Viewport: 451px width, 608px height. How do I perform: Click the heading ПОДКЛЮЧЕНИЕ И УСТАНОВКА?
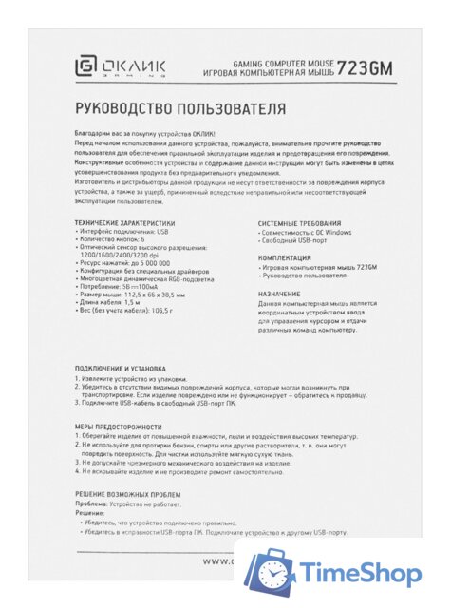[120, 368]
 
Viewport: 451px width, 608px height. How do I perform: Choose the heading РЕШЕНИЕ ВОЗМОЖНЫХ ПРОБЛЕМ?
[126, 495]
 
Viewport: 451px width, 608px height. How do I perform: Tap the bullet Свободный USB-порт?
[293, 240]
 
